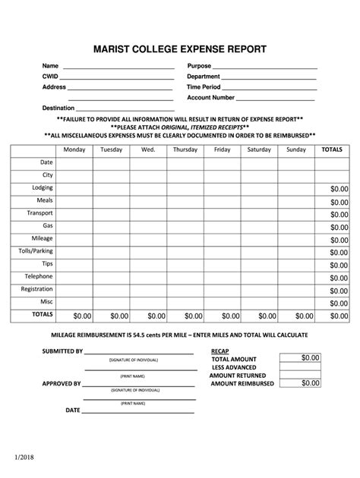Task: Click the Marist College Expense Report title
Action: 180,49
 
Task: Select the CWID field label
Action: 49,77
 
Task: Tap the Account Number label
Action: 210,98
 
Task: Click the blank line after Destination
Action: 125,109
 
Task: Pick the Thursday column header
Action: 185,149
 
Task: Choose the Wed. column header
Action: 148,149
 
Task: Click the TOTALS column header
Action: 332,149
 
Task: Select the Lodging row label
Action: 43,187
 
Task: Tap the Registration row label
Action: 37,289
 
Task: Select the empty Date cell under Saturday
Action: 259,162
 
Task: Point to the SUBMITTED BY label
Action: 62,352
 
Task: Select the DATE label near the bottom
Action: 73,410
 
